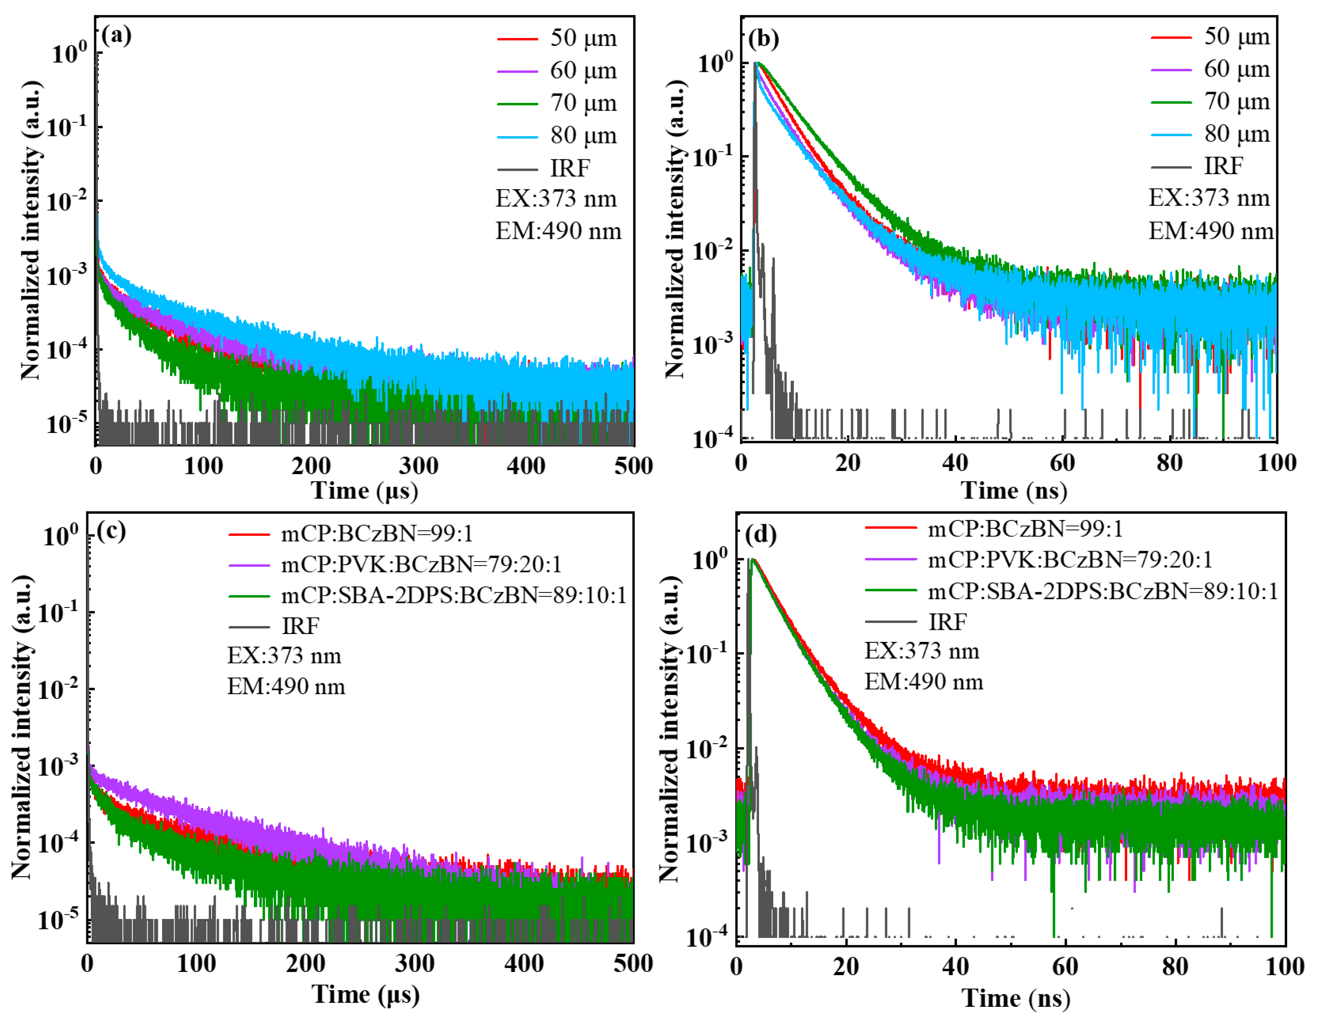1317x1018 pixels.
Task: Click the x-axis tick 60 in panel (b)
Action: pos(1062,463)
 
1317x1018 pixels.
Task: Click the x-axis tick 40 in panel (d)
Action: pos(955,966)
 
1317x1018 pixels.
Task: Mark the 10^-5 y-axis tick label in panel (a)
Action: pos(66,424)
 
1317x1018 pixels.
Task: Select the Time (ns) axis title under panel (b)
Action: pos(1014,491)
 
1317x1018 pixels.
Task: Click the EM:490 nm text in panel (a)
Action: pos(558,231)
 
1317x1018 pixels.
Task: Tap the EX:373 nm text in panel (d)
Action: pos(921,651)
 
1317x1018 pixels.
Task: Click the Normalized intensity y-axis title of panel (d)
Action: pos(671,729)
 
